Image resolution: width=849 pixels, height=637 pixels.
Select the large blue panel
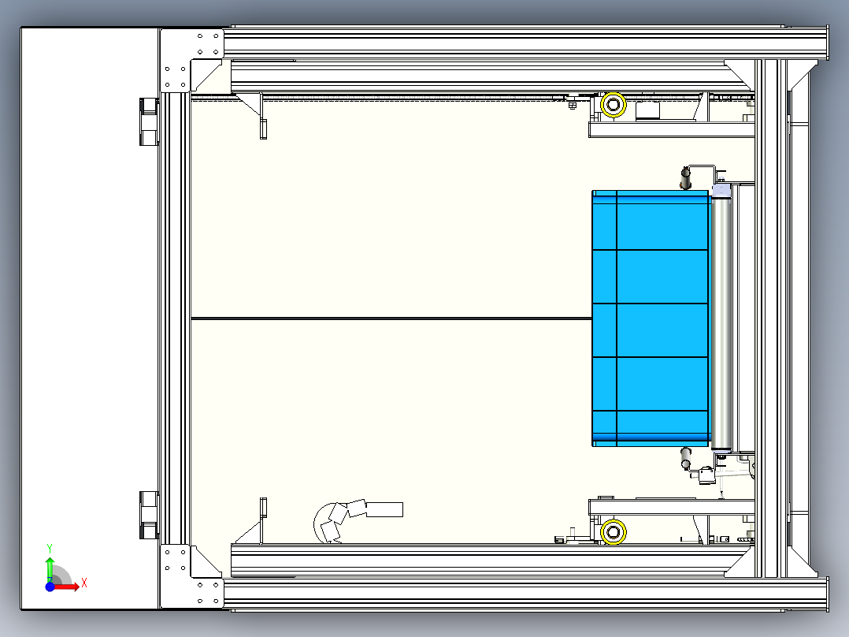[651, 318]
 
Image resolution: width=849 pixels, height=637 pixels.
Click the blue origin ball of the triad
[50, 587]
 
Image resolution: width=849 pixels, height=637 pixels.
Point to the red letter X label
[84, 583]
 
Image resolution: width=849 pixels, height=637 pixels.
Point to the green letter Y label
[50, 549]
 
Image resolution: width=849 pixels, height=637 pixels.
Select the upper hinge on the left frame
[149, 121]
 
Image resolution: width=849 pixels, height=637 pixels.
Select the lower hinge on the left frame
[149, 515]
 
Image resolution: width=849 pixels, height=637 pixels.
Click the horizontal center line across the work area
[391, 318]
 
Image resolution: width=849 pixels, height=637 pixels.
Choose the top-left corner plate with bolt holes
[191, 61]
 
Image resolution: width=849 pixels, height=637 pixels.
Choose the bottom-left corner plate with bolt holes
[191, 577]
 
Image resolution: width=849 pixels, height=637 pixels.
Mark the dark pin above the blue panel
[685, 178]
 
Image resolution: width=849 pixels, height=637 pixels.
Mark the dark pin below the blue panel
[685, 457]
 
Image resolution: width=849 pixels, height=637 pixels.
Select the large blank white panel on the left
[90, 318]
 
